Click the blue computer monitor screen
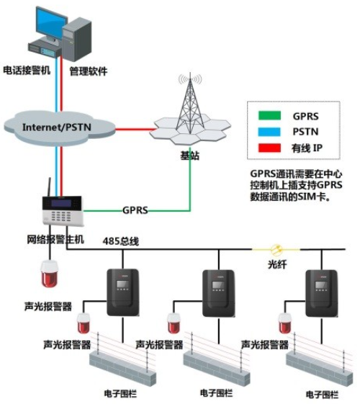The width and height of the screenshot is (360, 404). coord(51,22)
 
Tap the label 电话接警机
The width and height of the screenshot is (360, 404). coord(27,70)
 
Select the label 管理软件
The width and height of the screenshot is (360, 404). coord(89,71)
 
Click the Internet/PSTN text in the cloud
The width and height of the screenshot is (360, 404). coord(57,127)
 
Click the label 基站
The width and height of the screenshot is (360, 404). coord(190,156)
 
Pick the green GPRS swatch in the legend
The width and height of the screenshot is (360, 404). coord(269,116)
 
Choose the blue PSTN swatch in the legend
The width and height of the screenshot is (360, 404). coord(269,132)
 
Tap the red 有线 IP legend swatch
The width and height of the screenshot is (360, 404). coord(269,148)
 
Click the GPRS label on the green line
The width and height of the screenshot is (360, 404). coord(135,210)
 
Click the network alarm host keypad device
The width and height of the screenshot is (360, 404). coord(63,211)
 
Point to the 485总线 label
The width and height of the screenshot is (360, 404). coord(121,241)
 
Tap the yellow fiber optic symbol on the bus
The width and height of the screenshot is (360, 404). coord(276,249)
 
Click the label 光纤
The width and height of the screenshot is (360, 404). coord(277,264)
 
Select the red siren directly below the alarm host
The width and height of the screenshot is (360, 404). coord(50,274)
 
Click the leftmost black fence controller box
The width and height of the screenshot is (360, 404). coord(123,292)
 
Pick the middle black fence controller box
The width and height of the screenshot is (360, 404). coord(219,293)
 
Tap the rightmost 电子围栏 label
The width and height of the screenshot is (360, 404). coord(322,394)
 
